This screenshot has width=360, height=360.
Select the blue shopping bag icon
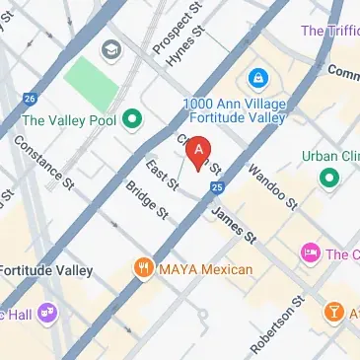click(x=256, y=77)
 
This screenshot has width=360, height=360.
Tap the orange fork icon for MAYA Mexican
click(x=145, y=268)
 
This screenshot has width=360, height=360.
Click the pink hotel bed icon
click(x=311, y=254)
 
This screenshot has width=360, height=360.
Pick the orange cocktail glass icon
click(x=334, y=314)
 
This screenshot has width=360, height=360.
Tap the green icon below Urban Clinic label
click(x=326, y=179)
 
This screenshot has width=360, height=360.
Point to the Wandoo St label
click(x=275, y=187)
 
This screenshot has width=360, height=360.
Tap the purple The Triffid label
click(x=329, y=31)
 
